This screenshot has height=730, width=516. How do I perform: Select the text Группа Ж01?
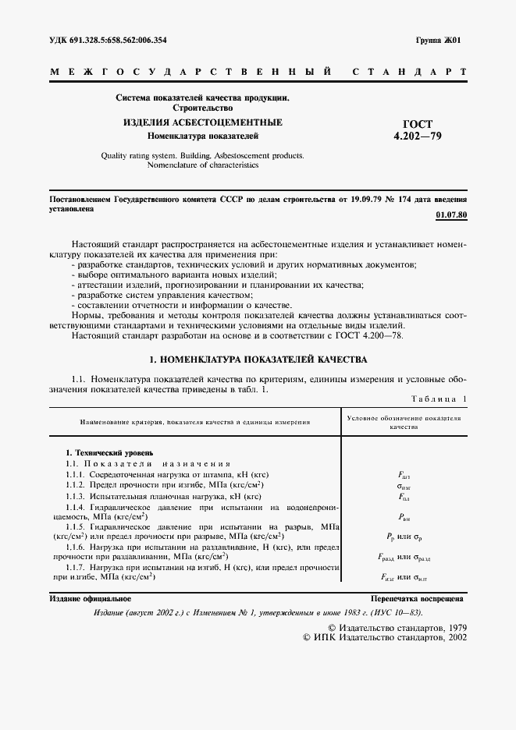coord(439,39)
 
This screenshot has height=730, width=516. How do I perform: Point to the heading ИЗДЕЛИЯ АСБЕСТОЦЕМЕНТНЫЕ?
coord(202,123)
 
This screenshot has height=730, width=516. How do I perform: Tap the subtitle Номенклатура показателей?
coord(202,136)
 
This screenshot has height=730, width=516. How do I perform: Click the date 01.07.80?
coord(450,214)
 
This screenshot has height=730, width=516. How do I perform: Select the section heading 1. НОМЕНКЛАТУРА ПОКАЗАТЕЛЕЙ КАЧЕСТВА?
coord(257,360)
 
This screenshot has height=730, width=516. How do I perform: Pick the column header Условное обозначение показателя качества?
coord(404,423)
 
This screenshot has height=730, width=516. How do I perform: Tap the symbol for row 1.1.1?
coord(404,474)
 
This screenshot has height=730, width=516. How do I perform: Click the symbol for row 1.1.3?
coord(404,496)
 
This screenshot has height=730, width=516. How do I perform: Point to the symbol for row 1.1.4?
coord(404,516)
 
